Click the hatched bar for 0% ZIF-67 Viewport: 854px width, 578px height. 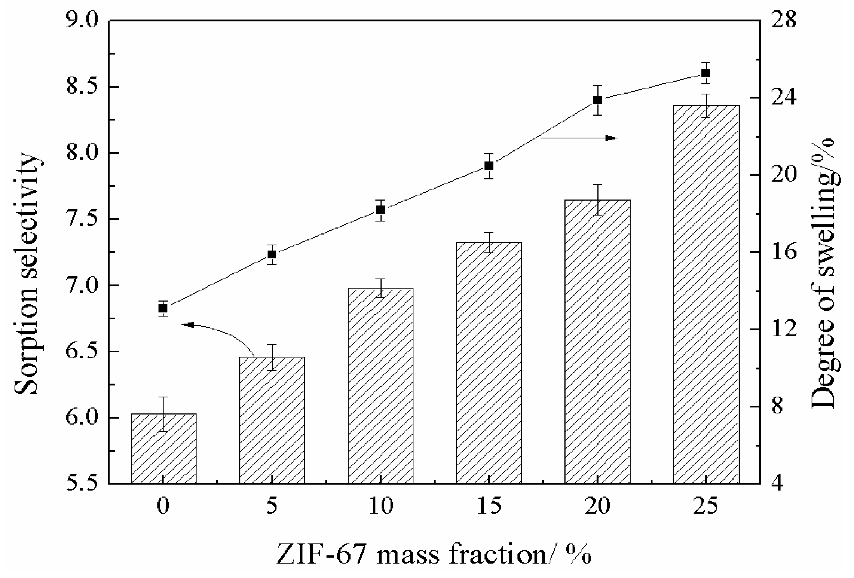tap(163, 449)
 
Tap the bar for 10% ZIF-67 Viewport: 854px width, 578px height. tap(380, 386)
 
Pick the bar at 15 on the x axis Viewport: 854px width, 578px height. tap(489, 363)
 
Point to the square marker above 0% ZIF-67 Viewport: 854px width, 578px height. tap(163, 308)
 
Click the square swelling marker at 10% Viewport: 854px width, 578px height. tap(380, 210)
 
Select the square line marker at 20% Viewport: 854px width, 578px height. tap(597, 100)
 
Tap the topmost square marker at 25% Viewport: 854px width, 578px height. tap(706, 73)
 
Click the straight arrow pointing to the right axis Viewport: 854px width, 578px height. tap(579, 138)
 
